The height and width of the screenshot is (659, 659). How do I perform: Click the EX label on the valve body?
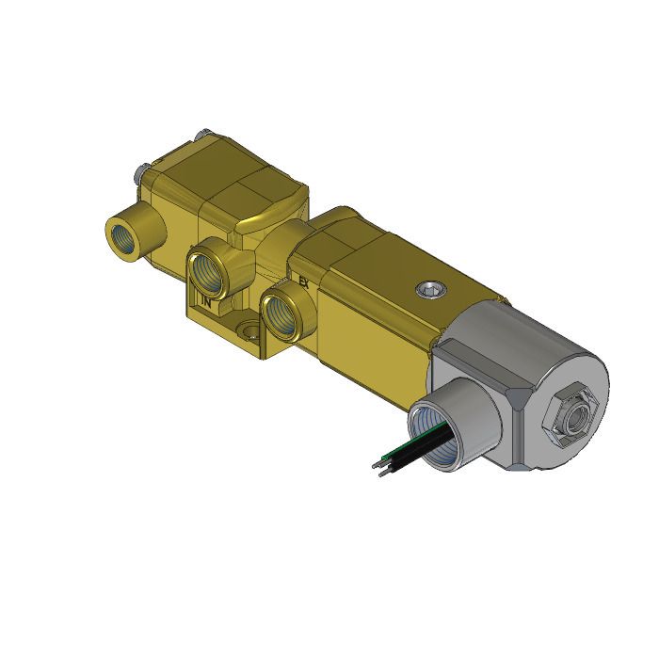tap(303, 281)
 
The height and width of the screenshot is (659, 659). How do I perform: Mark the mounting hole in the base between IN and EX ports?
tap(249, 332)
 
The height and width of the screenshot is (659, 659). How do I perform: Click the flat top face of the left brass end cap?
tap(226, 169)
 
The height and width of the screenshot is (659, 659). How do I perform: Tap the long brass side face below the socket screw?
tap(377, 320)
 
